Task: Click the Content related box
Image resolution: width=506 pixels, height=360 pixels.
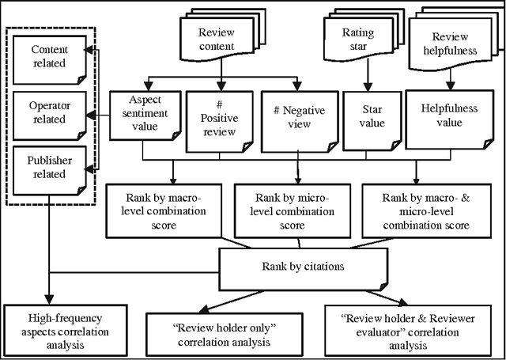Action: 49,57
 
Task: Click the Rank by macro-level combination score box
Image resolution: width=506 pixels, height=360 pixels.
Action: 165,210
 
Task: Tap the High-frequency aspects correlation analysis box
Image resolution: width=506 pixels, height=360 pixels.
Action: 55,329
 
